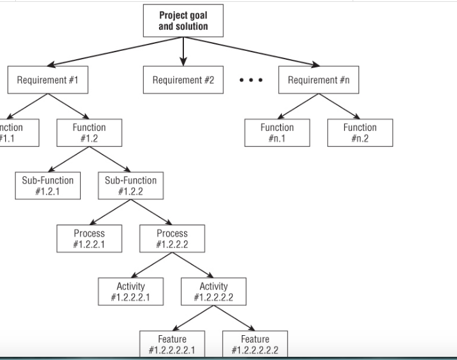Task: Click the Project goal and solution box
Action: click(183, 20)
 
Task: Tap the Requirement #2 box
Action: click(183, 80)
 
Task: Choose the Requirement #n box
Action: click(318, 80)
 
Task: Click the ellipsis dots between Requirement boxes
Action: click(251, 81)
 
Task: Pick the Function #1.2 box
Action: click(89, 132)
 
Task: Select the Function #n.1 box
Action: click(277, 132)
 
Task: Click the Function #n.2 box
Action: click(360, 132)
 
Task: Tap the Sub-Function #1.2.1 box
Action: click(48, 185)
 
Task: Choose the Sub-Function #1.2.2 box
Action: click(130, 185)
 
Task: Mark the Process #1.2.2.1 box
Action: click(89, 239)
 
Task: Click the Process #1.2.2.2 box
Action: click(172, 239)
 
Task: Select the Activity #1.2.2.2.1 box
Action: click(130, 291)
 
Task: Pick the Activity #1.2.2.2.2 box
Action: click(213, 291)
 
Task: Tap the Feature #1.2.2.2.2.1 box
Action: click(172, 343)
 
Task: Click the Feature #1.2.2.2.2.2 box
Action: click(255, 343)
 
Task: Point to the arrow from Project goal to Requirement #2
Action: click(183, 51)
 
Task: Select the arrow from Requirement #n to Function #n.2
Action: click(339, 106)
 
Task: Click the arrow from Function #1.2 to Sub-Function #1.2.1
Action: click(69, 158)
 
